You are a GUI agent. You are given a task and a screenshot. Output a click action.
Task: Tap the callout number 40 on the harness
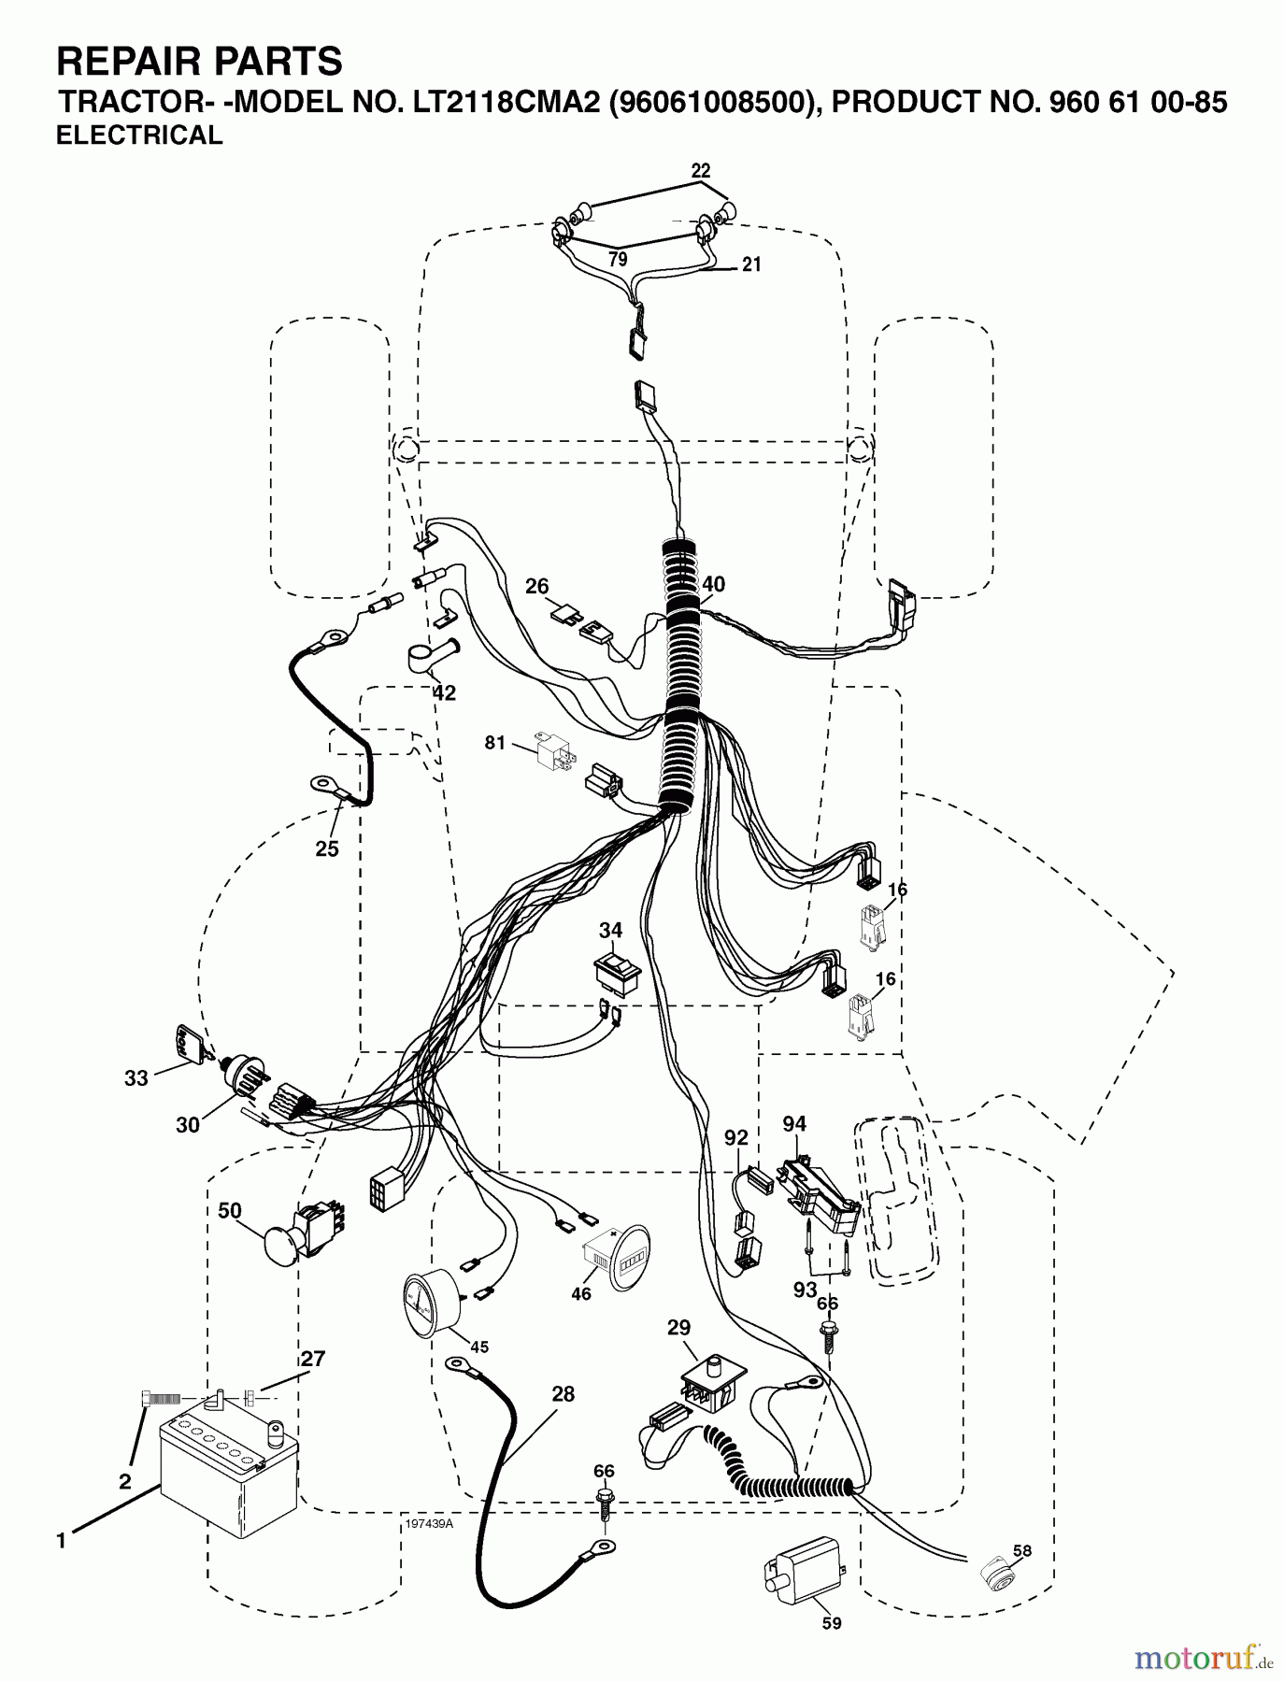[x=713, y=585]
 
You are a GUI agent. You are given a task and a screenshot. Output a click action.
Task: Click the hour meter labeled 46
[x=611, y=1258]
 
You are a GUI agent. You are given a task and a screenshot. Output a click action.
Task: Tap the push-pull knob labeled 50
[x=302, y=1235]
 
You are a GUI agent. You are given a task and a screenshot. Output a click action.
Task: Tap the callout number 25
[x=327, y=849]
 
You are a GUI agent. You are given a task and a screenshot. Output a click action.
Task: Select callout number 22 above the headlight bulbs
[x=701, y=171]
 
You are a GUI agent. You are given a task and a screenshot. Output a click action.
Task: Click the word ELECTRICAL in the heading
[x=140, y=135]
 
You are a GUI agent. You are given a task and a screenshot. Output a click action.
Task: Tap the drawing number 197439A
[x=429, y=1523]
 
